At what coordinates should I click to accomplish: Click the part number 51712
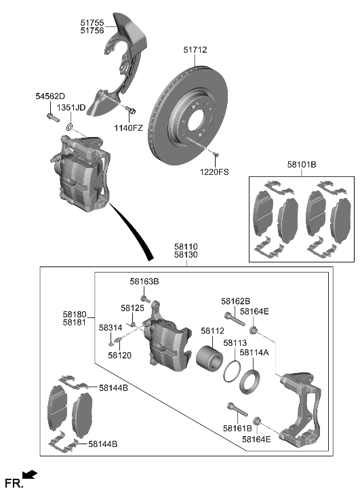[195, 50]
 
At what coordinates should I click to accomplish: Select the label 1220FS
[215, 173]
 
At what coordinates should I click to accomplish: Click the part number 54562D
[51, 97]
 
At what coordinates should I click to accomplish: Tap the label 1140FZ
[127, 128]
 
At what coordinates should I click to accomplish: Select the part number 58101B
[301, 165]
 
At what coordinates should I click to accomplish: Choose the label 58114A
[256, 353]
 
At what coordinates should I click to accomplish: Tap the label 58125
[133, 308]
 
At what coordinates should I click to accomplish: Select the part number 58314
[110, 328]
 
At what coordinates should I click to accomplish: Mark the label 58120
[121, 355]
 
